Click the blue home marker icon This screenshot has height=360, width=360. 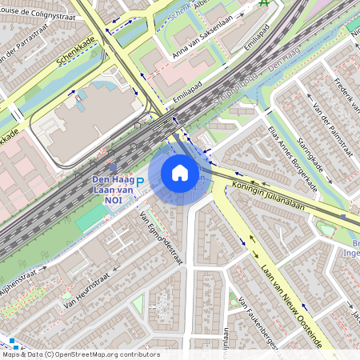coord(180,173)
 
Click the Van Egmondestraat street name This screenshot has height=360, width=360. coord(162,238)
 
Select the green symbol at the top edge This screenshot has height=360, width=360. coord(265,3)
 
